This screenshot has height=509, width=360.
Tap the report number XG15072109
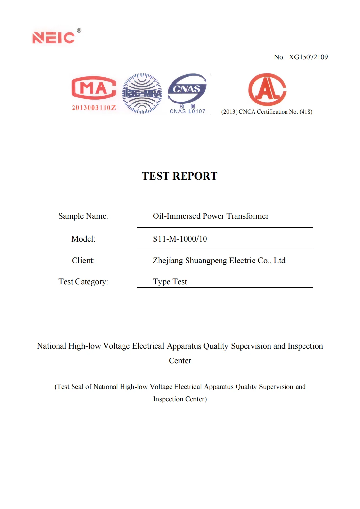click(x=308, y=57)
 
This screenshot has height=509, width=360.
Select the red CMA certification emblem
click(x=94, y=88)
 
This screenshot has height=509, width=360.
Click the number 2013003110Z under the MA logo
click(x=94, y=108)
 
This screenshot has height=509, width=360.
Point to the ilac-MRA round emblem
click(x=142, y=93)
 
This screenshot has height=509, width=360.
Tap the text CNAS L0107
click(x=187, y=111)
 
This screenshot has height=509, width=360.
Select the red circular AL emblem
click(x=267, y=89)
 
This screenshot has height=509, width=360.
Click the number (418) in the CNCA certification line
click(x=306, y=112)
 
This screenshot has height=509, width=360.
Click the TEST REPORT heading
click(x=179, y=176)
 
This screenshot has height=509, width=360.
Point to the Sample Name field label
click(x=83, y=216)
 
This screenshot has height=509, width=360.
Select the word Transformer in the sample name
click(x=247, y=216)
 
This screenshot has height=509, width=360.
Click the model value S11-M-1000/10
click(x=180, y=239)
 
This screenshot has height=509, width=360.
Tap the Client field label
click(x=83, y=261)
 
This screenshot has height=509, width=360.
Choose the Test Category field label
click(x=83, y=282)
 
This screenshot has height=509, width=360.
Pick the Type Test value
click(x=170, y=282)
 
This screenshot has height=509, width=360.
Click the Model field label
click(x=83, y=239)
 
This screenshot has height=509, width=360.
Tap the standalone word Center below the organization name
click(x=180, y=361)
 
